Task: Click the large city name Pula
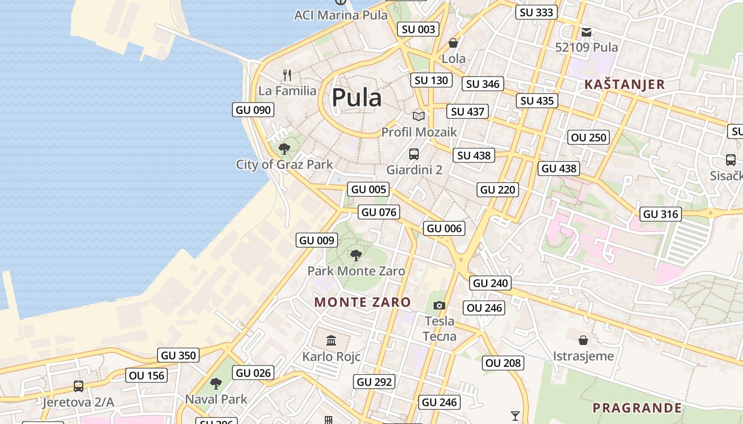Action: (x=357, y=98)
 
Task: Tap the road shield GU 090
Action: (x=253, y=110)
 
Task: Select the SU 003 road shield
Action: (x=418, y=30)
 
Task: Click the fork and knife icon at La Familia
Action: (x=287, y=75)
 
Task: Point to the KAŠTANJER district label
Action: (x=624, y=84)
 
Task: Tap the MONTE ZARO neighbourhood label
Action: (x=362, y=303)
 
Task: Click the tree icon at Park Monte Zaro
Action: (x=356, y=255)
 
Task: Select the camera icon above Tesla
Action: (x=439, y=305)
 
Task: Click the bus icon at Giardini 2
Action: (x=414, y=154)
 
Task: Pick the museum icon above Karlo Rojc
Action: (x=331, y=340)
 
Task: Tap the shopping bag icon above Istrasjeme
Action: (x=583, y=340)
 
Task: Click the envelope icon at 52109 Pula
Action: (x=586, y=32)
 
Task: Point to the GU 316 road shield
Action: (x=661, y=214)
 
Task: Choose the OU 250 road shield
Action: (x=589, y=138)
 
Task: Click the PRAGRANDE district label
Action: (x=637, y=408)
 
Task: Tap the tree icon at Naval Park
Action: (x=215, y=383)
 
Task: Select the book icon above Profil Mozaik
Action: (x=419, y=116)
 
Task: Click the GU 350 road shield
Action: (x=178, y=355)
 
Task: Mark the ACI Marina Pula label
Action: (x=341, y=15)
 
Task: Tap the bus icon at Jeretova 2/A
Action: (x=79, y=386)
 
